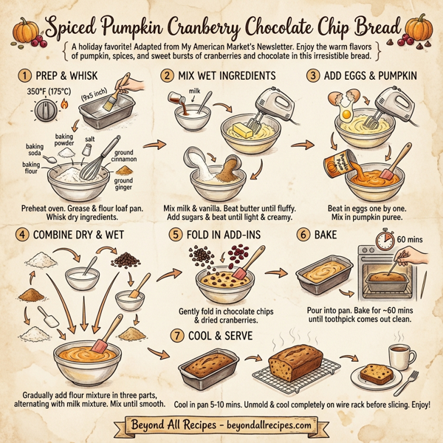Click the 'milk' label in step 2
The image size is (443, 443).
[196, 90]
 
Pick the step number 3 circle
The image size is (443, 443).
[314, 75]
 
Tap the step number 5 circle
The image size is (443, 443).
[175, 235]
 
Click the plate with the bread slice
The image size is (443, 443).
[380, 374]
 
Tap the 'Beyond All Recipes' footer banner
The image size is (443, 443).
[221, 426]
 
